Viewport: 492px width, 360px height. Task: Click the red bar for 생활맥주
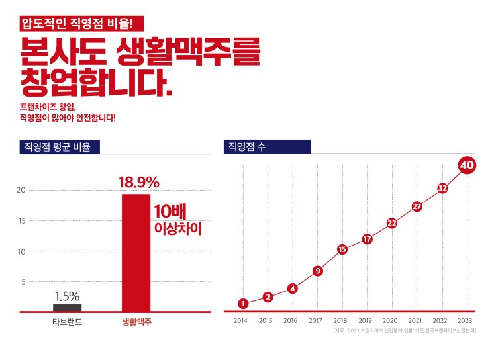click(136, 251)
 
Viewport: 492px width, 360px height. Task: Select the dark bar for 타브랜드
click(68, 308)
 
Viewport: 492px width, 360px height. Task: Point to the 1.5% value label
click(68, 296)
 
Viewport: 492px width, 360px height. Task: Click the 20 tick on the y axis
click(21, 191)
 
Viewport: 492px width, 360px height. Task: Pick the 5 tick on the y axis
click(23, 282)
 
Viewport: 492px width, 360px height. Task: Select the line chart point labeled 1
click(243, 304)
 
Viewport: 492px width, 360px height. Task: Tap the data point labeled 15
click(342, 249)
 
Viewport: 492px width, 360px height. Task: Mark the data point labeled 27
click(417, 206)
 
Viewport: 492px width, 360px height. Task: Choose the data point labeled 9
click(318, 270)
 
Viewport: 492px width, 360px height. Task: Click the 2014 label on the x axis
click(240, 321)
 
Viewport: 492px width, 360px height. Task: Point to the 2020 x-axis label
click(391, 321)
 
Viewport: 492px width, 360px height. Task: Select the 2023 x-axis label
click(465, 321)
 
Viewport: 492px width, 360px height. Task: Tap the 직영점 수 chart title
click(247, 147)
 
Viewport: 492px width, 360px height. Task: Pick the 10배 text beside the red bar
click(170, 212)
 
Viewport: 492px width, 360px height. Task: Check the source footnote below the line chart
click(405, 330)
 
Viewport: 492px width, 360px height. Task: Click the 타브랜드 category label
click(67, 322)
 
